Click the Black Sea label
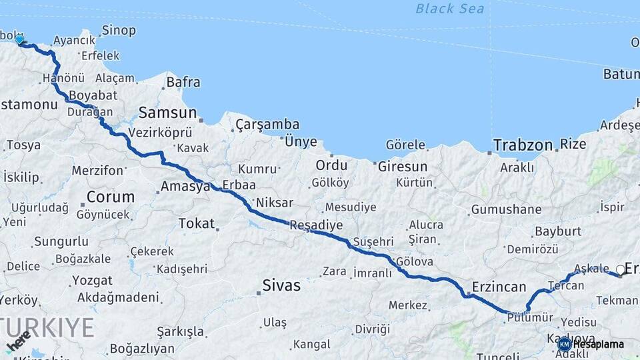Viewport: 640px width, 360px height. click(449, 9)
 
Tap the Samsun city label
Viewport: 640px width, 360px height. click(167, 113)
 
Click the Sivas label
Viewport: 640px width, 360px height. click(281, 286)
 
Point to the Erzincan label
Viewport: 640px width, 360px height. click(499, 287)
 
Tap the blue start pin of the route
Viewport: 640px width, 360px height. click(19, 39)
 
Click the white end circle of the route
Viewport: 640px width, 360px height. click(621, 270)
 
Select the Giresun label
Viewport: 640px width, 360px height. click(402, 167)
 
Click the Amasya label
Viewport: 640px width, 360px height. click(185, 187)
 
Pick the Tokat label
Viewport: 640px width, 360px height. click(197, 223)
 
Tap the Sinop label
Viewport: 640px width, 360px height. click(119, 31)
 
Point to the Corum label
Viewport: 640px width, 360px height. click(110, 197)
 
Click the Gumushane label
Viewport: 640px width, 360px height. click(506, 209)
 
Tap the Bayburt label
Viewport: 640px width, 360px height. click(558, 231)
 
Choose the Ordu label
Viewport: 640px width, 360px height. click(331, 165)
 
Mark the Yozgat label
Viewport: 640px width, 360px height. click(92, 280)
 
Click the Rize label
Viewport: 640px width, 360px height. click(573, 144)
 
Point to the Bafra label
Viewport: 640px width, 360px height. click(183, 83)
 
